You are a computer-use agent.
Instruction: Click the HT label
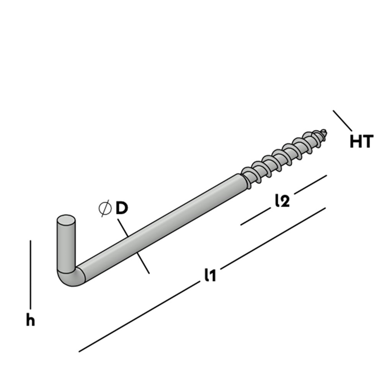[x=361, y=141]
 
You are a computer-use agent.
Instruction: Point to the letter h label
[x=31, y=321]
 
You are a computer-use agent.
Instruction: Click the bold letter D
[x=121, y=209]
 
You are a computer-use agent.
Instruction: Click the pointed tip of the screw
[x=325, y=131]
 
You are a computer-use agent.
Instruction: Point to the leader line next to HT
[x=343, y=120]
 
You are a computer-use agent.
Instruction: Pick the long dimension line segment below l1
[x=140, y=317]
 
